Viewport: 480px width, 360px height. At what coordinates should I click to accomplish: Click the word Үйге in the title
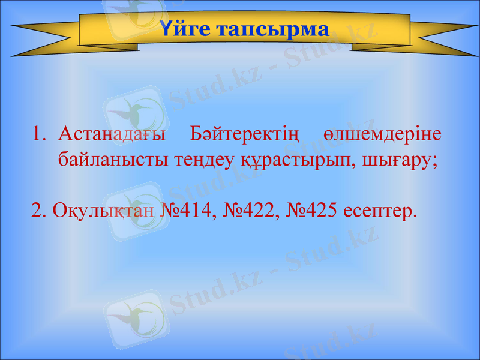point(184,29)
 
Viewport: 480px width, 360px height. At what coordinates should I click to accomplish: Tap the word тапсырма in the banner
point(272,29)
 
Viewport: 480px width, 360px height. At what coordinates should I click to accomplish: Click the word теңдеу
point(190,160)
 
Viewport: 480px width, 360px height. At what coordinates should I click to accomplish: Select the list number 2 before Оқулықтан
point(38,211)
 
